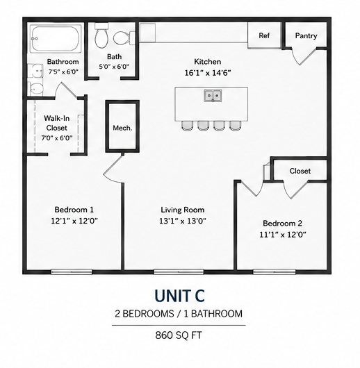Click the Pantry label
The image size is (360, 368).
(x=306, y=36)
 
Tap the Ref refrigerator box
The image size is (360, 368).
(x=264, y=35)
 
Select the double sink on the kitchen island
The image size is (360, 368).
(x=213, y=96)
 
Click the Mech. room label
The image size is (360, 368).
(x=122, y=128)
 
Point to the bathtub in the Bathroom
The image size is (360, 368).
(x=56, y=39)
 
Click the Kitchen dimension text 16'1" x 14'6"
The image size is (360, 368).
(x=208, y=73)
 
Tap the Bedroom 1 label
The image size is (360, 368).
(x=74, y=210)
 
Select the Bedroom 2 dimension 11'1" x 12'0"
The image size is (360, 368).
(x=283, y=235)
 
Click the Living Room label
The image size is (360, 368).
(x=183, y=210)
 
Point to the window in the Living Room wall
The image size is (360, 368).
(x=179, y=271)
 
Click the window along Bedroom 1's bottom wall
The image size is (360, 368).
(x=72, y=271)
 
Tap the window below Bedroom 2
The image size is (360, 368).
(x=275, y=271)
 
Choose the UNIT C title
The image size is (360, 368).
(x=179, y=296)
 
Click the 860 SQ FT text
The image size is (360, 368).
(x=179, y=335)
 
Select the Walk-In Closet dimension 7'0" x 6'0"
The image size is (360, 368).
(x=56, y=138)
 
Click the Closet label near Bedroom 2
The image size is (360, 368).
(x=300, y=171)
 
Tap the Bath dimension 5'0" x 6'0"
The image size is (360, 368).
(x=114, y=67)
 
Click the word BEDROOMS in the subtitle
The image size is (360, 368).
(x=148, y=314)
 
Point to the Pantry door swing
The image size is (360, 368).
(x=303, y=56)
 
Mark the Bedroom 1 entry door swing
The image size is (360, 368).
(x=113, y=168)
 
